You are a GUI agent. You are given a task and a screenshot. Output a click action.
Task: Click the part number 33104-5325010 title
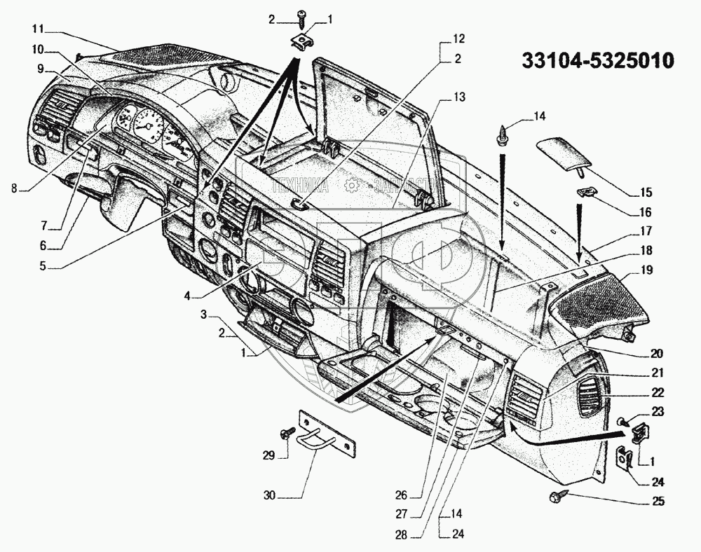tap(597, 61)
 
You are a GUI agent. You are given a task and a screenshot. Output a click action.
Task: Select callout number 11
tap(37, 29)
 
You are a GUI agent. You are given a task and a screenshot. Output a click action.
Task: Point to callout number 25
tap(657, 502)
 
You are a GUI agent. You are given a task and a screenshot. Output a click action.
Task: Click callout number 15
tap(646, 192)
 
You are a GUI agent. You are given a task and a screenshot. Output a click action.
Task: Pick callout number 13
tap(458, 98)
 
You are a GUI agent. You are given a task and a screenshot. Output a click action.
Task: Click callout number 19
tap(646, 269)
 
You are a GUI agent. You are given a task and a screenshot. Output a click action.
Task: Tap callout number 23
tap(657, 412)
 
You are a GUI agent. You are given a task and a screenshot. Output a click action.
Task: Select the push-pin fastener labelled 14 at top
tap(503, 134)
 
